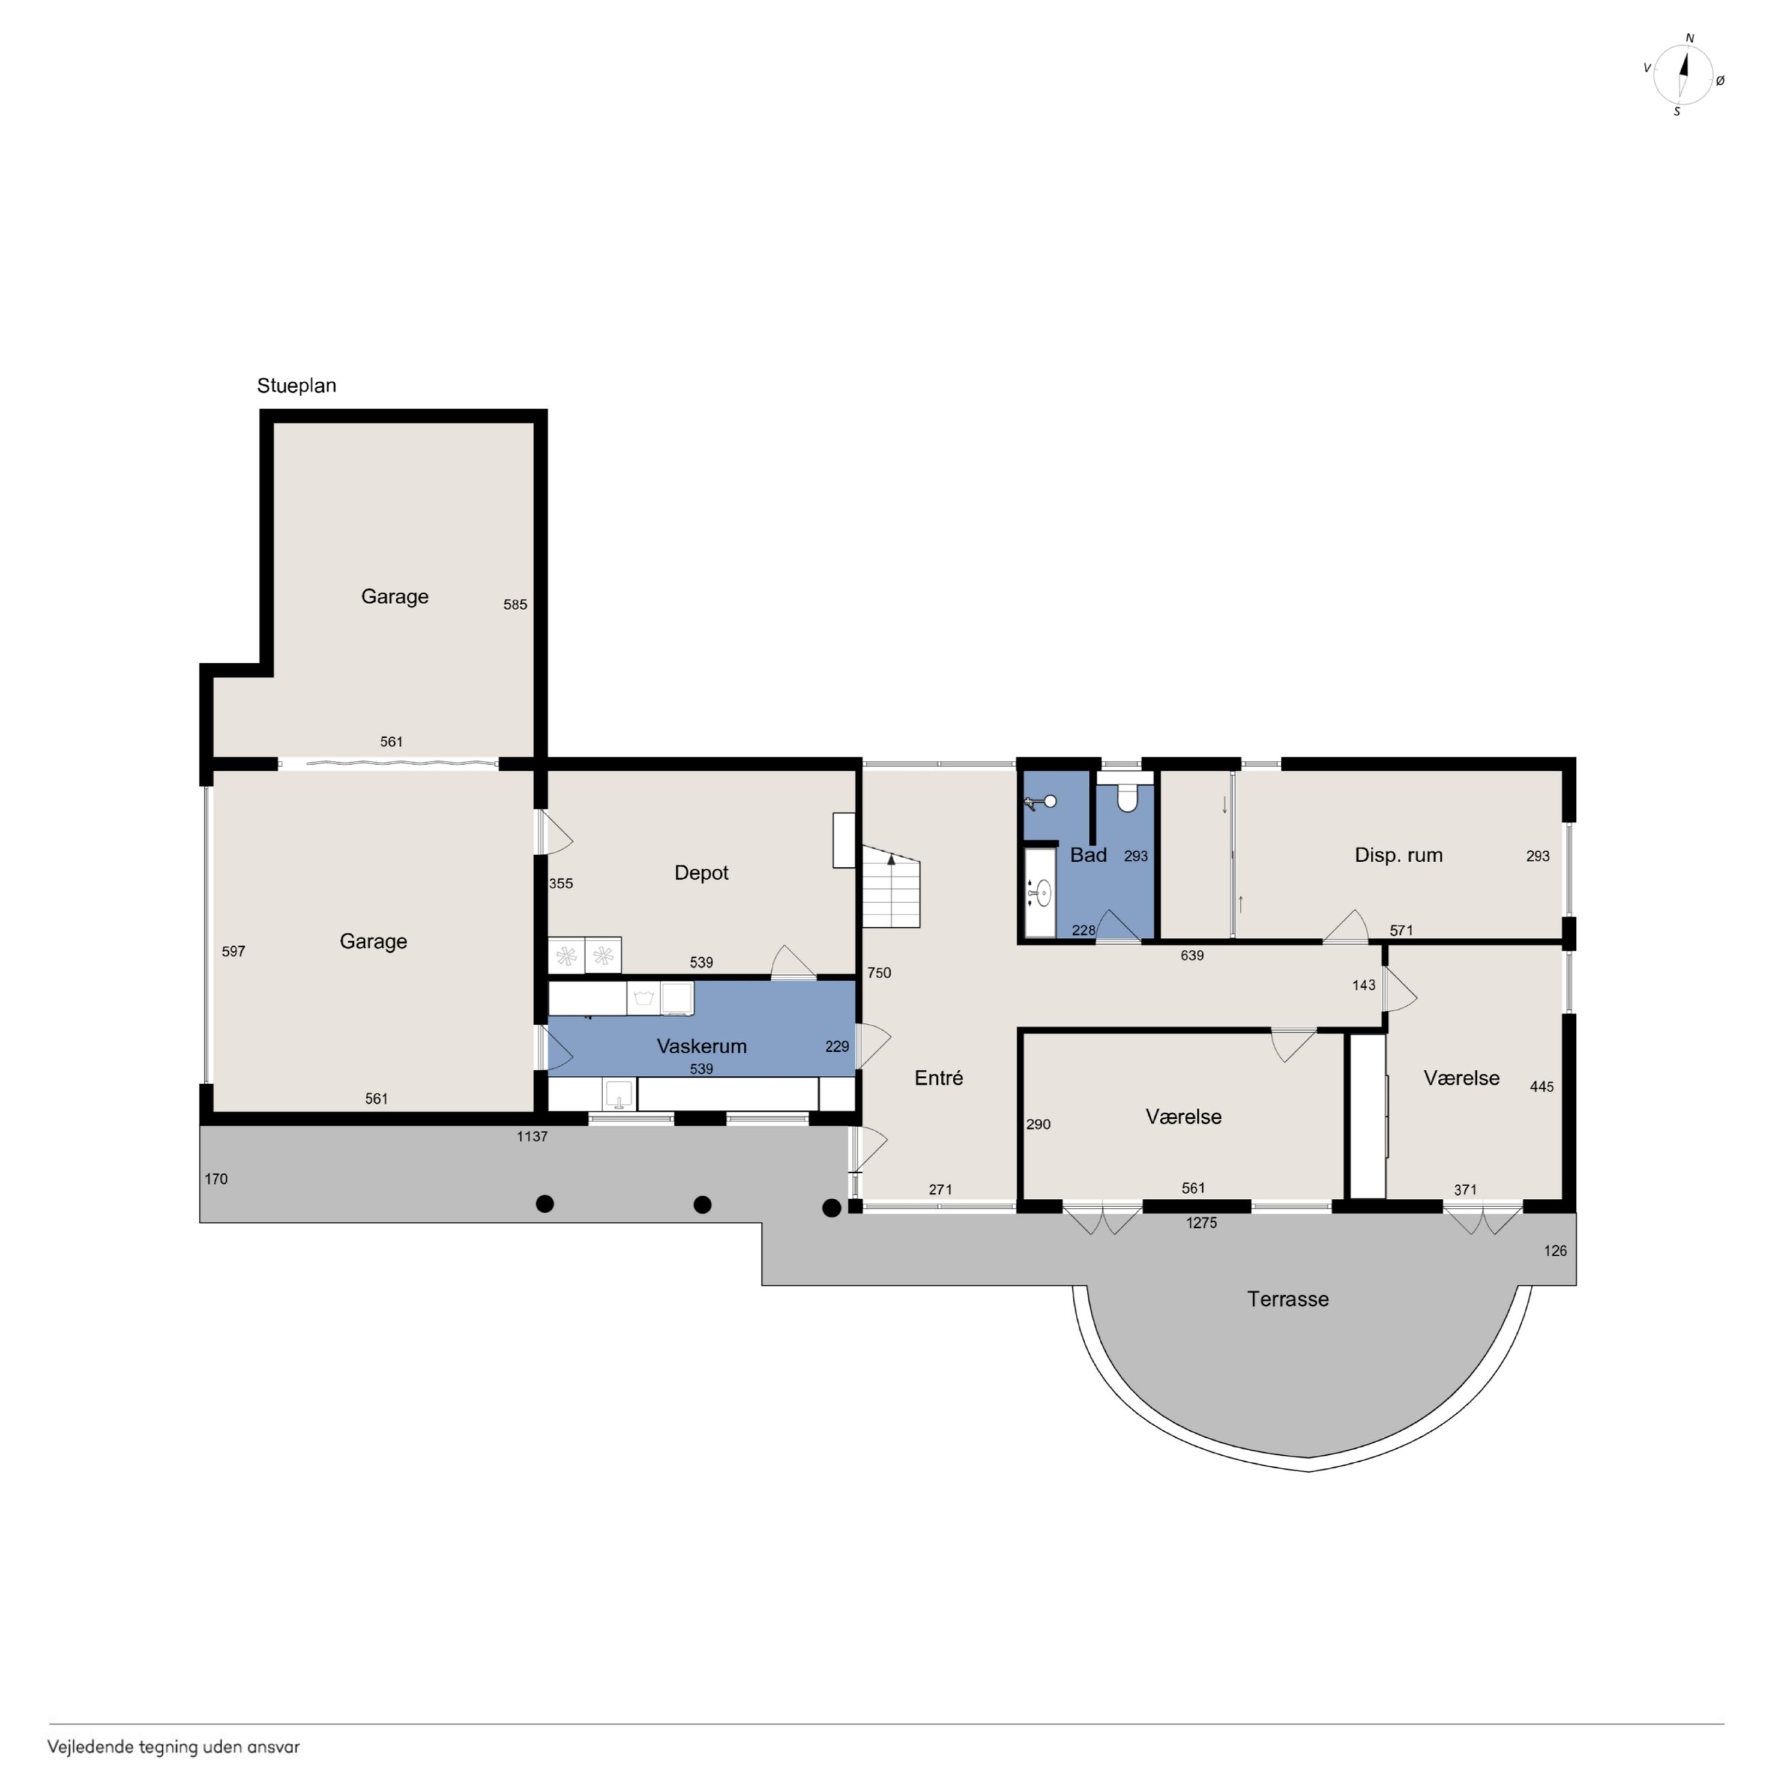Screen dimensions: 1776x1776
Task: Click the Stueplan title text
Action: pos(296,386)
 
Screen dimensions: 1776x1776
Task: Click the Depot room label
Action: pos(702,872)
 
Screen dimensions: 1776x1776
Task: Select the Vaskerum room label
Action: pos(702,1046)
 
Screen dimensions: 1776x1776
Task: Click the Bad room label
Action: pos(1088,855)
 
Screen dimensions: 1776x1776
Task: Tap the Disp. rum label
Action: pos(1398,855)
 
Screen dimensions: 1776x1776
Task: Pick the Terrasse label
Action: pos(1288,1299)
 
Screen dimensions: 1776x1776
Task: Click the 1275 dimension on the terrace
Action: pos(1202,1223)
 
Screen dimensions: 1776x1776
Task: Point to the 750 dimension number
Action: pos(879,973)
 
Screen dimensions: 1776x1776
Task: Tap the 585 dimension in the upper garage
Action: pos(515,604)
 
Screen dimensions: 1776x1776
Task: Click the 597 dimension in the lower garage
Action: pos(234,952)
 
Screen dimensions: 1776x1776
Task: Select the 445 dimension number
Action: pos(1542,1087)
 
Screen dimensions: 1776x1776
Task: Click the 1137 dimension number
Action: pos(531,1136)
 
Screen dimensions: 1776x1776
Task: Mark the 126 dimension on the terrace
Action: pos(1555,1250)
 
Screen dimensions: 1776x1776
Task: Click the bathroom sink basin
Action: pos(1042,891)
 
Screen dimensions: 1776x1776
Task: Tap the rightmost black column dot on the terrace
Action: pos(831,1208)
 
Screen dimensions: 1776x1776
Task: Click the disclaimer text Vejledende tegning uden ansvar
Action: pos(174,1747)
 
